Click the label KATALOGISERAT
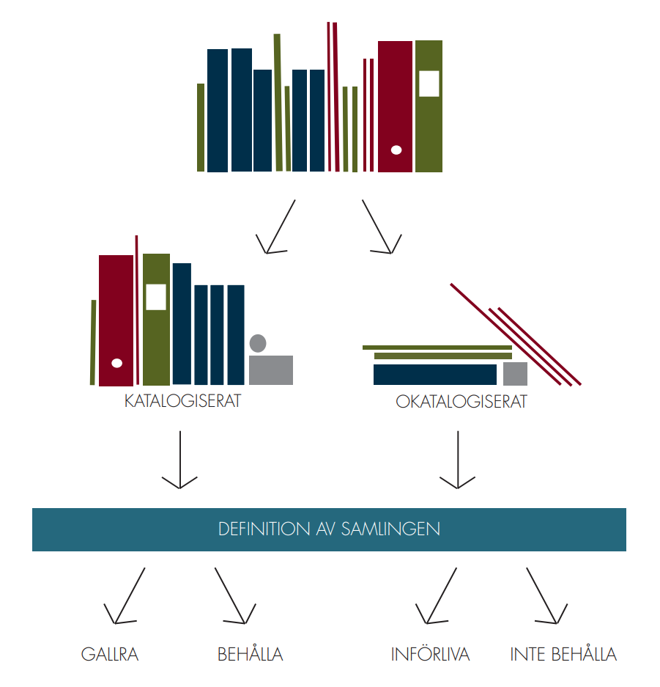(x=182, y=401)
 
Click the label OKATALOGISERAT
(x=461, y=401)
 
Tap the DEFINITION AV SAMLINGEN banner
(x=329, y=529)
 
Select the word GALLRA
(x=110, y=654)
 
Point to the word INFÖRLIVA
(x=430, y=653)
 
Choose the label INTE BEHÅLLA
(x=563, y=653)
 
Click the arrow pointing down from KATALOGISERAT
(x=180, y=460)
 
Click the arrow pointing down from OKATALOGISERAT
(x=458, y=460)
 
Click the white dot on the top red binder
(x=396, y=150)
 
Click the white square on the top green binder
(x=429, y=84)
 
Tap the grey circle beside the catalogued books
(x=258, y=343)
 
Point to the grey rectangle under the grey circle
(x=271, y=370)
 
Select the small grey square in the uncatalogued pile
(x=515, y=374)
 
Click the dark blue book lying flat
(x=435, y=375)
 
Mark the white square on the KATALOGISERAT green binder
(x=156, y=297)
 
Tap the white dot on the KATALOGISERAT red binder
(x=117, y=363)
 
